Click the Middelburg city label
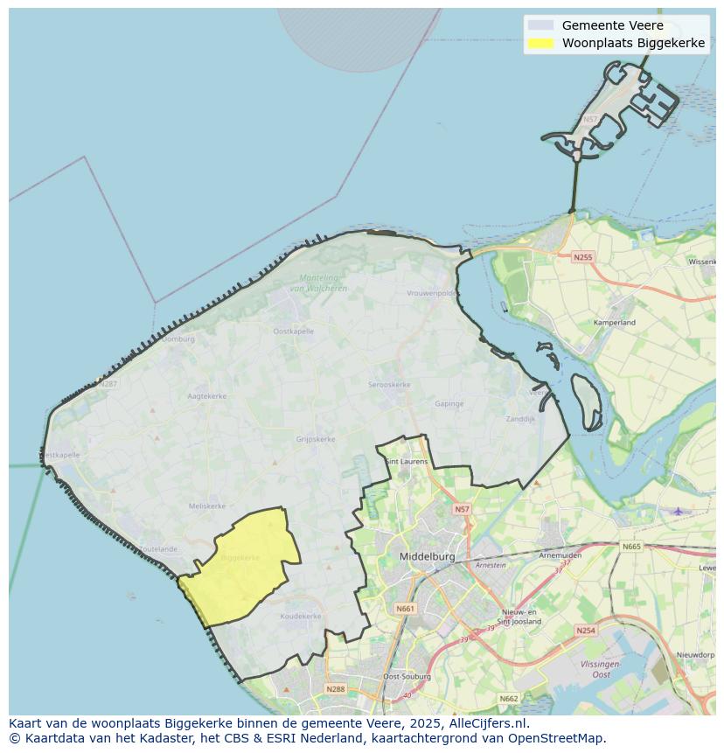click(x=427, y=556)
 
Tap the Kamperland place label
click(x=615, y=323)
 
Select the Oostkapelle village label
click(x=293, y=331)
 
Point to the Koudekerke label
click(x=301, y=616)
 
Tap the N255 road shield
click(x=582, y=257)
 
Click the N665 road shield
click(x=631, y=547)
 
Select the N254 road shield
click(x=586, y=630)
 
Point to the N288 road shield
click(x=336, y=689)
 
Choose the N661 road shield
click(x=405, y=608)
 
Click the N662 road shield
click(x=509, y=698)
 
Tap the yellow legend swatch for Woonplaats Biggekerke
click(x=541, y=44)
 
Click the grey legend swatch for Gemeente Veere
click(x=541, y=25)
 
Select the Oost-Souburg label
click(x=403, y=677)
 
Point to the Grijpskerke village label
click(x=316, y=439)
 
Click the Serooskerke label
click(x=389, y=385)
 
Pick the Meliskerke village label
click(x=207, y=505)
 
